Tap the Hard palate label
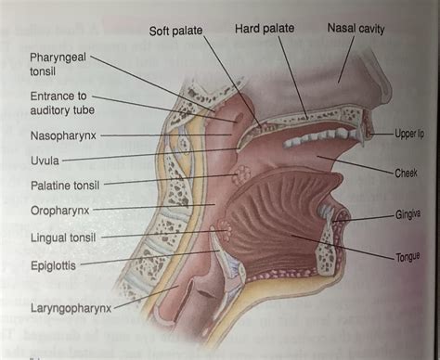click(x=264, y=29)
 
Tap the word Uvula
click(x=44, y=160)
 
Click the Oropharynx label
click(x=60, y=211)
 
